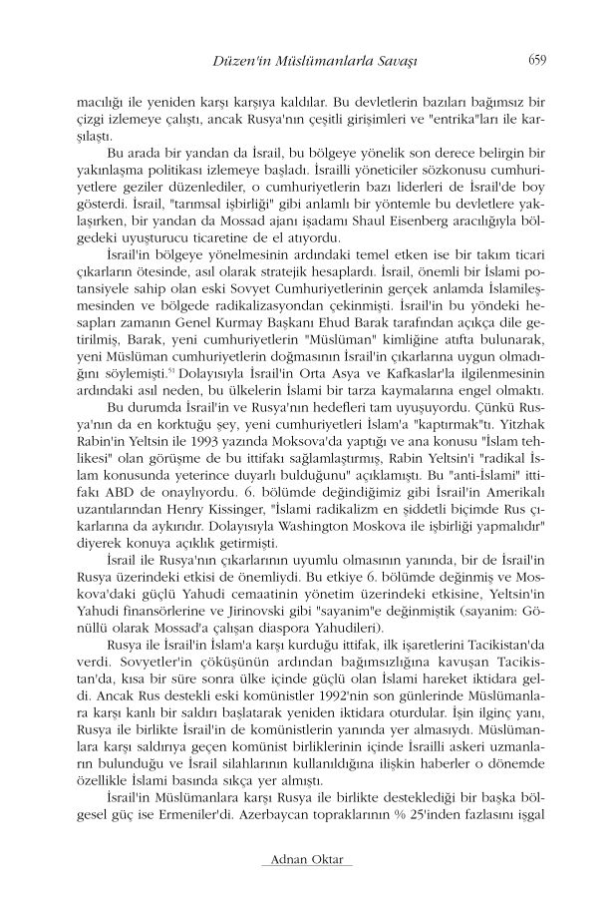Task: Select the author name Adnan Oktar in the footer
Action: point(306,860)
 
